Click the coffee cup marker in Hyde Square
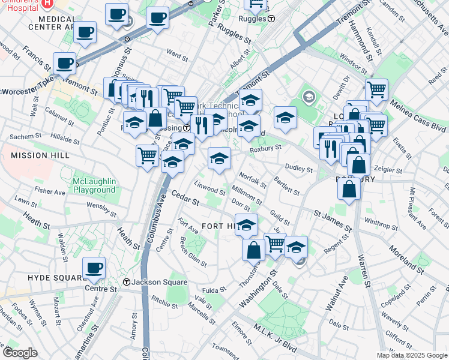(x=93, y=268)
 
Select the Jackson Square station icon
(x=127, y=282)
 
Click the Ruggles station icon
(x=271, y=18)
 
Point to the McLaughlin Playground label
(x=94, y=185)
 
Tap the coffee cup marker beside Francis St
(x=64, y=63)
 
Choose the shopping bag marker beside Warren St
(x=349, y=190)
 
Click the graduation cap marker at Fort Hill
(x=246, y=226)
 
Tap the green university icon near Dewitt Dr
(x=309, y=97)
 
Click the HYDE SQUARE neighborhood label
(x=58, y=278)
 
